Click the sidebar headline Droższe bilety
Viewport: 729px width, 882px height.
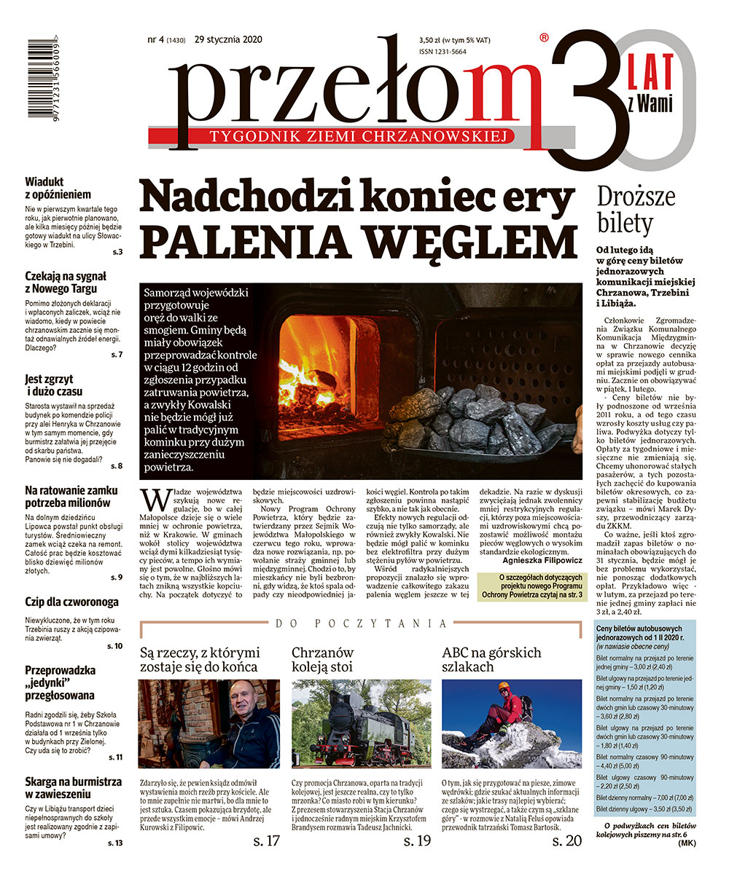click(x=636, y=209)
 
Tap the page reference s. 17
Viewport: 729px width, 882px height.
click(x=266, y=840)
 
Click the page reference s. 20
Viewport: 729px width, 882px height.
click(x=566, y=840)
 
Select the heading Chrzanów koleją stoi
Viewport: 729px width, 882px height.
click(x=322, y=658)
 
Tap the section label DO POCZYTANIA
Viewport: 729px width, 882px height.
click(x=362, y=623)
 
